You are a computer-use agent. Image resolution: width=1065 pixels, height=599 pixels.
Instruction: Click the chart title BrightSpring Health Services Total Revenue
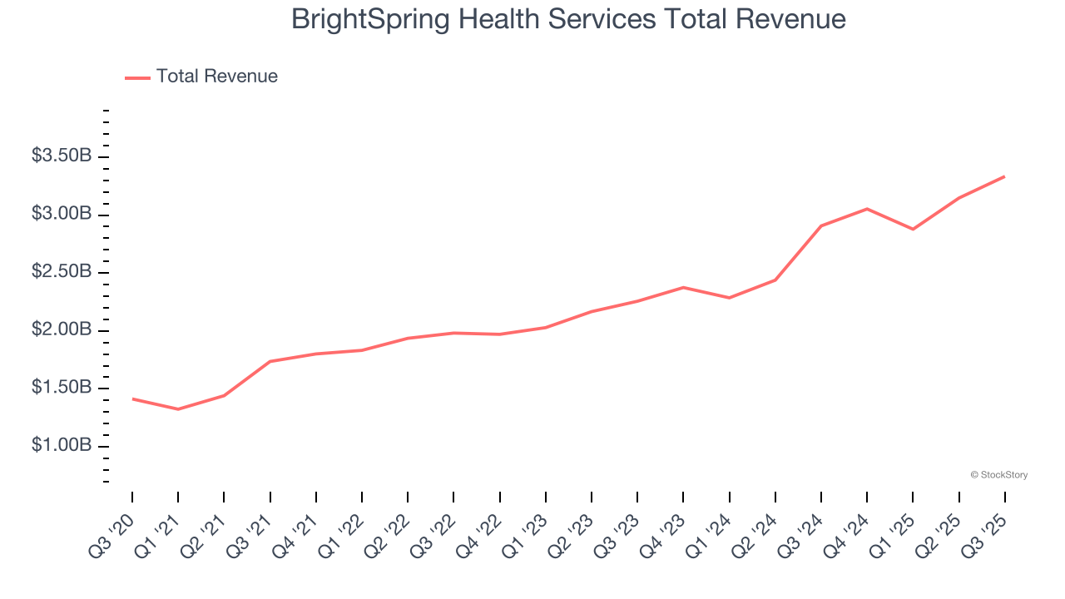[x=568, y=20]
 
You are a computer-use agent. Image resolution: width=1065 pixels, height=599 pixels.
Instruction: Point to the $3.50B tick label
[x=62, y=156]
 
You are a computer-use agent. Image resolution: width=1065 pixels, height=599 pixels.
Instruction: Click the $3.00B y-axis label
[x=62, y=215]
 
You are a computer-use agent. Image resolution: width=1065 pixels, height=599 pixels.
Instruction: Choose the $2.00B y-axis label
[x=62, y=330]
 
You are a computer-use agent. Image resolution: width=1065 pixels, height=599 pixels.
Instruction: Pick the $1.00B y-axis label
[x=62, y=446]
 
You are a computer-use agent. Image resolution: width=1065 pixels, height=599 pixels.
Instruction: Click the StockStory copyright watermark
[x=998, y=475]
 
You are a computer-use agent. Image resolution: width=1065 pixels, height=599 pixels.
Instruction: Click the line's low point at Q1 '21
[x=178, y=409]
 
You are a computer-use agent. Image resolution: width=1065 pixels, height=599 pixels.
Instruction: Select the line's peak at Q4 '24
[x=867, y=209]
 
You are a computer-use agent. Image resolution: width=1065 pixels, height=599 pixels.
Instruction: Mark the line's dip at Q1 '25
[x=913, y=229]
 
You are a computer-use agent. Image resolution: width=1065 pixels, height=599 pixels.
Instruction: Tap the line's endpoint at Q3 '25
[x=1004, y=176]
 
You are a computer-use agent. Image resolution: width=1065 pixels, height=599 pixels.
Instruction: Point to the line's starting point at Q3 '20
[x=132, y=399]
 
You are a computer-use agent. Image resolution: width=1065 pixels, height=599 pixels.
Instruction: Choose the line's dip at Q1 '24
[x=730, y=298]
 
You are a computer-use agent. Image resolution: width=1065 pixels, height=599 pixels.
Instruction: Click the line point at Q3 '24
[x=821, y=225]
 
